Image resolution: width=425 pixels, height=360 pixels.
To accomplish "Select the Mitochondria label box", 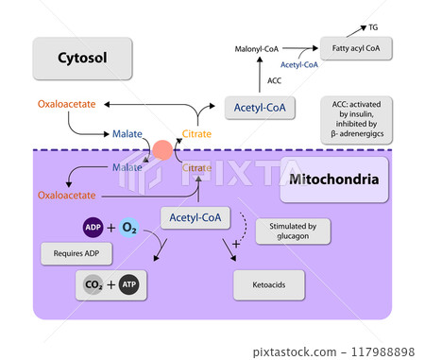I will [334, 180].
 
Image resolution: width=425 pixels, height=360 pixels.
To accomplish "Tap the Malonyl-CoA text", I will [258, 46].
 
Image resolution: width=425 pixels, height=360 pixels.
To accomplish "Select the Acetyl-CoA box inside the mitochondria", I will [196, 218].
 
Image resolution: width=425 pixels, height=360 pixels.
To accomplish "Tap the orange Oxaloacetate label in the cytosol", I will [65, 104].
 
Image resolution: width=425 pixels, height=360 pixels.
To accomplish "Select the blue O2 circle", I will [130, 228].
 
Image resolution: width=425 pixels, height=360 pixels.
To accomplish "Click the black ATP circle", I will [129, 283].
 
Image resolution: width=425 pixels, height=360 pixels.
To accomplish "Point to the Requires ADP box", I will [74, 253].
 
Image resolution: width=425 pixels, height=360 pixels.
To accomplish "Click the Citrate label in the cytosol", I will [196, 134].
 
